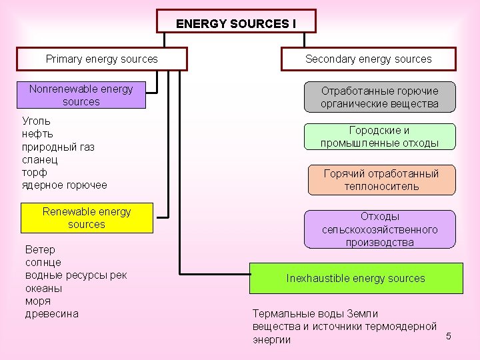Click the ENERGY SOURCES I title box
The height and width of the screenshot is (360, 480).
tap(236, 21)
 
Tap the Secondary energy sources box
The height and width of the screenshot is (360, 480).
tap(368, 59)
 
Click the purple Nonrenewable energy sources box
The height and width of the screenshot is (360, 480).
tap(81, 95)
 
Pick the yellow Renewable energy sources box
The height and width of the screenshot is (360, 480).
tap(87, 218)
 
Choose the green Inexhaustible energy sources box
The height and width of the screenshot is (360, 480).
tap(355, 278)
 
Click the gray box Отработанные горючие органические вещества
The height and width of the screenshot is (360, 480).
tap(379, 97)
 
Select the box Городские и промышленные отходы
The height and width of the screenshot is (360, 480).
tap(379, 137)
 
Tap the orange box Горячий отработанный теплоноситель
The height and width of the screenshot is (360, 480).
tap(381, 180)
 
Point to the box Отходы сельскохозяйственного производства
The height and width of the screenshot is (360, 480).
tap(379, 229)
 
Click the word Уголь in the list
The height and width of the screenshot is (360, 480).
tap(36, 121)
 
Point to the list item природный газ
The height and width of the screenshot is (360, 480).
tap(58, 147)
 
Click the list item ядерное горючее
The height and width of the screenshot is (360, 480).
tap(64, 185)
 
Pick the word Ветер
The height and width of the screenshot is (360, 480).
tap(40, 250)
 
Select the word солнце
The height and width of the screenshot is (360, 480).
tap(43, 263)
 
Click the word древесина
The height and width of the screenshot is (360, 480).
tap(51, 313)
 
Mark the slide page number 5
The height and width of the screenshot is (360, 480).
tap(449, 335)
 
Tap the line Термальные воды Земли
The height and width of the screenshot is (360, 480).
tap(315, 313)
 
